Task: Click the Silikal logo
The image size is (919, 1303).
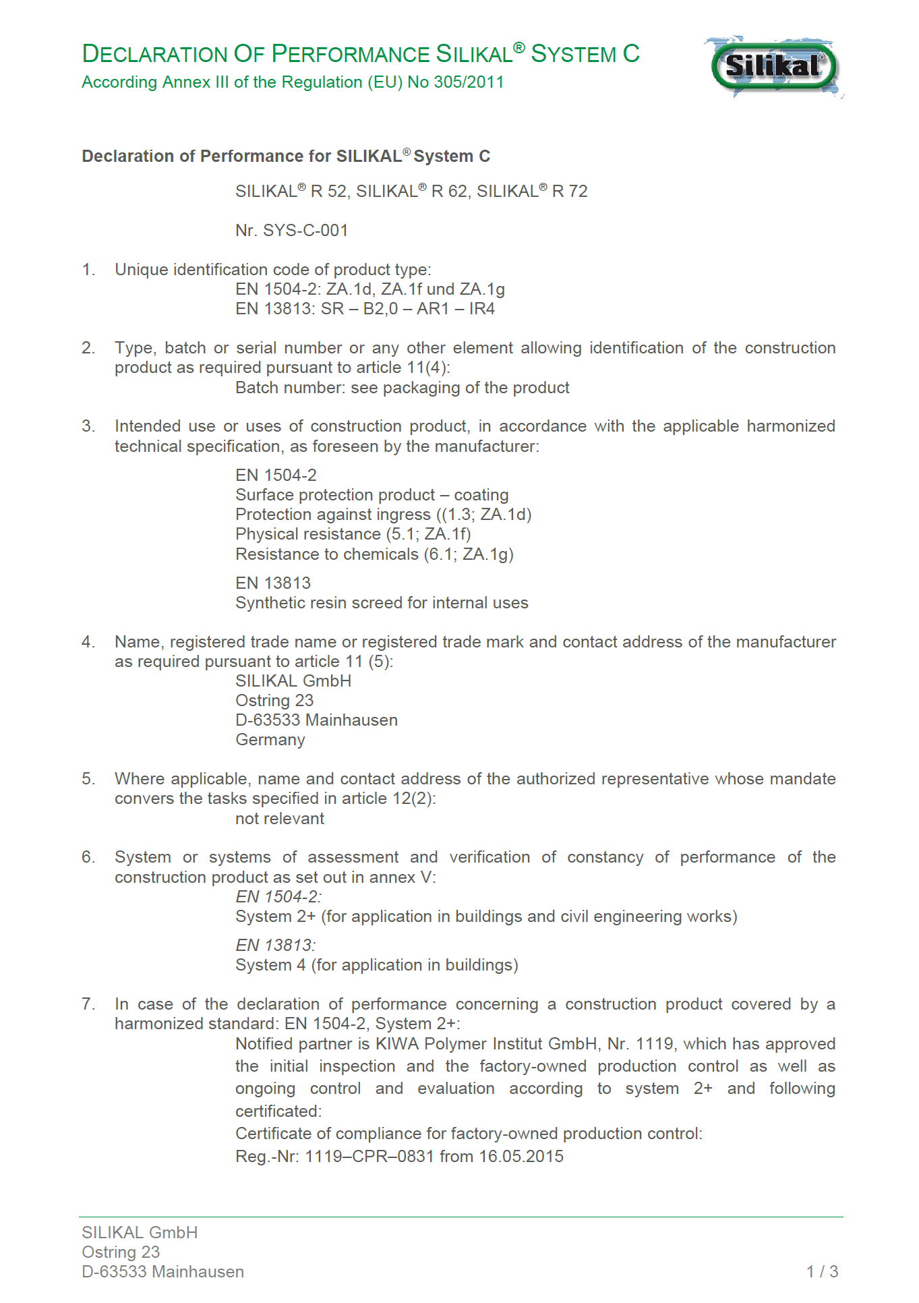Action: [773, 67]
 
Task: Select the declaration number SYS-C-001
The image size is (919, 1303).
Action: [305, 231]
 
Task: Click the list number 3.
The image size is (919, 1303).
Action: [88, 426]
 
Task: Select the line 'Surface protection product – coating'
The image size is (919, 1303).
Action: [372, 495]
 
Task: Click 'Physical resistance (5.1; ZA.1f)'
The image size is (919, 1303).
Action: [353, 534]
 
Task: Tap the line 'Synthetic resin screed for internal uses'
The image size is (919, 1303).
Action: [382, 603]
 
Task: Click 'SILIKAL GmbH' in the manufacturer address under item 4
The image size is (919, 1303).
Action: [293, 681]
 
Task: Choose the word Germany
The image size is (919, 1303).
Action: [270, 740]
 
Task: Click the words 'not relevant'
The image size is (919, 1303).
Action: [280, 819]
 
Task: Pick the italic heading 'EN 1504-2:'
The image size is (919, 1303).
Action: [278, 897]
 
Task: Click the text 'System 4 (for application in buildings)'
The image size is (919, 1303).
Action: [376, 965]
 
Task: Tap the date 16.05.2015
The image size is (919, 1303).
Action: [521, 1157]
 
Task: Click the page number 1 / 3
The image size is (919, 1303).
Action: [822, 1272]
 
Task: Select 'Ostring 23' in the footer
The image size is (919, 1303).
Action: [121, 1252]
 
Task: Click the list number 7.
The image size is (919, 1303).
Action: [88, 1004]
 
